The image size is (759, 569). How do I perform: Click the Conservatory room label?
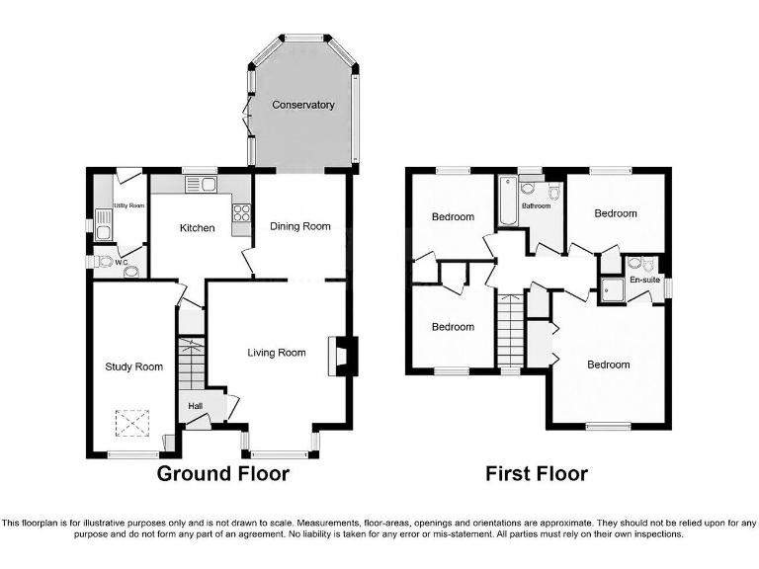click(x=303, y=105)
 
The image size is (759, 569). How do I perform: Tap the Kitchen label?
click(x=197, y=228)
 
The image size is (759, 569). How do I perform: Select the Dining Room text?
click(x=300, y=226)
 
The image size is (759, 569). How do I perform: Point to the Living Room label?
click(x=276, y=352)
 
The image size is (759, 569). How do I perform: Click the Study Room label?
click(x=133, y=367)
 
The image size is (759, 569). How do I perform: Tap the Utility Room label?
click(x=128, y=205)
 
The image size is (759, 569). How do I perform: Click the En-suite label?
click(x=644, y=281)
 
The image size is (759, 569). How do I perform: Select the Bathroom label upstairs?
click(x=536, y=205)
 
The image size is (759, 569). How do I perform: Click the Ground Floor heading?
click(x=223, y=474)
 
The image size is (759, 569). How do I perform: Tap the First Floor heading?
click(x=537, y=474)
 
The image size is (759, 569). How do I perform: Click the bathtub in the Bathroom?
click(x=506, y=198)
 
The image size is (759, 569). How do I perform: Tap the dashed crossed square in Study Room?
click(x=131, y=424)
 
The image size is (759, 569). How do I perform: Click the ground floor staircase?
click(x=189, y=363)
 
